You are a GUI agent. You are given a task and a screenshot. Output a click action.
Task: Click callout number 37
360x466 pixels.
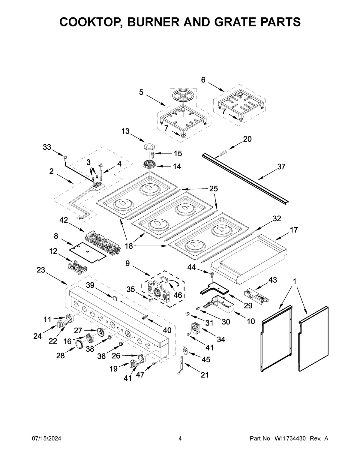pyautogui.click(x=281, y=167)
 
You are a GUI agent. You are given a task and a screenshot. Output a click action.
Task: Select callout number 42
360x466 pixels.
pyautogui.click(x=63, y=220)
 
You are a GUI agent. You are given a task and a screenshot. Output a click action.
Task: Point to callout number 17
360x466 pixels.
pyautogui.click(x=294, y=230)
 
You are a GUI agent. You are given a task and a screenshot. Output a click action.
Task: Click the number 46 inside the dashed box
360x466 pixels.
pyautogui.click(x=178, y=295)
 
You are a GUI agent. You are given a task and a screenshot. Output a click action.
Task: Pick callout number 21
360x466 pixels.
pyautogui.click(x=205, y=375)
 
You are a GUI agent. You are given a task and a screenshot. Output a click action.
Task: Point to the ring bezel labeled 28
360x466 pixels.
pyautogui.click(x=79, y=344)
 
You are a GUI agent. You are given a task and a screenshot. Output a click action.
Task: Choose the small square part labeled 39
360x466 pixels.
pyautogui.click(x=114, y=298)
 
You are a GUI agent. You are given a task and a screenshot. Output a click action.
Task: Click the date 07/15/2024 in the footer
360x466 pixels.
pyautogui.click(x=46, y=439)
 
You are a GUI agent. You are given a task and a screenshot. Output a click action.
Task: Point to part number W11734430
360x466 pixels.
pyautogui.click(x=290, y=439)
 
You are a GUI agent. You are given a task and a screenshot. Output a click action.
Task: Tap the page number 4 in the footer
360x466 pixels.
pyautogui.click(x=180, y=439)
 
